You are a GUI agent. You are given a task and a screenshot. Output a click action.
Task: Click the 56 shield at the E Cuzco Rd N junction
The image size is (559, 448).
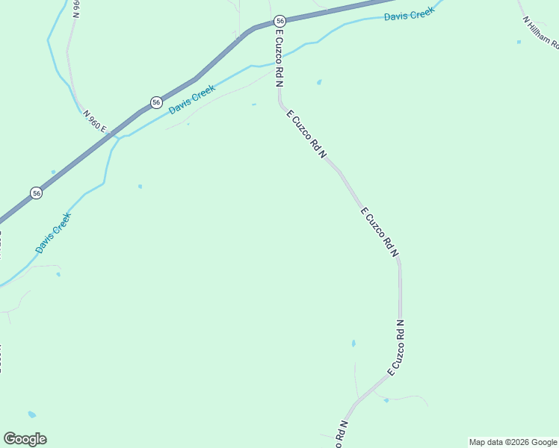(279, 21)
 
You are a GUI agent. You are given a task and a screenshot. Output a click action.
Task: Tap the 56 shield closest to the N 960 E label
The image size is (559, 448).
(155, 102)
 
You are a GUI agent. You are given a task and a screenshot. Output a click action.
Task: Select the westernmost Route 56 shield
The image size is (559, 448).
(36, 193)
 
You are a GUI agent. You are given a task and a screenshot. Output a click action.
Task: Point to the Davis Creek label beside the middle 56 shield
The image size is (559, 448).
(192, 99)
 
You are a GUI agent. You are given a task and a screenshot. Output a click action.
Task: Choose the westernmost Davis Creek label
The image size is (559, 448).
(53, 232)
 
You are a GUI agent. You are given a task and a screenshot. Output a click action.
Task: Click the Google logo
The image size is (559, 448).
(25, 439)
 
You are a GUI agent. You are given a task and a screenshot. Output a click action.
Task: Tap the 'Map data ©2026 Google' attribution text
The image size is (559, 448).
(513, 442)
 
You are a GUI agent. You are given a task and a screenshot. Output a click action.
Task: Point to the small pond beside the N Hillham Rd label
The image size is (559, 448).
(519, 42)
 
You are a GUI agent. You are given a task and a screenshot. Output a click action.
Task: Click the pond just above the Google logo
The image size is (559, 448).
(31, 414)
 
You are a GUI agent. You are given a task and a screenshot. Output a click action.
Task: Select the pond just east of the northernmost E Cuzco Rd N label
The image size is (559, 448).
(319, 82)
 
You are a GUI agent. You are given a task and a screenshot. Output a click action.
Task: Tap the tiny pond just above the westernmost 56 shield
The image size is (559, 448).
(53, 172)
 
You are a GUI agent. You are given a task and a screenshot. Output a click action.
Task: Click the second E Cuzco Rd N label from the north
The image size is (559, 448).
(307, 134)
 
